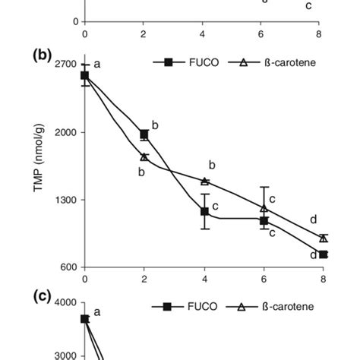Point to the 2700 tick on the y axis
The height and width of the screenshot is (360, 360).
point(66,65)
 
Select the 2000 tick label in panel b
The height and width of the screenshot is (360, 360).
point(66,133)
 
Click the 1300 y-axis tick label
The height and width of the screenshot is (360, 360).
point(66,200)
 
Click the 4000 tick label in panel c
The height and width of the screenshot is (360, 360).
point(66,303)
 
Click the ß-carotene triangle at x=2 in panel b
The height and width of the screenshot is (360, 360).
point(144,156)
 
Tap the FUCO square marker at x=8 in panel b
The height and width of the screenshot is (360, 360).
point(323,254)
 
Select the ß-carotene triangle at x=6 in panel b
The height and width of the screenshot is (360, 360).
point(264,207)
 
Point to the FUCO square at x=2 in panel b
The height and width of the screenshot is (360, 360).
point(144,134)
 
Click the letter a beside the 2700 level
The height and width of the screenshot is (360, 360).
point(97,65)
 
